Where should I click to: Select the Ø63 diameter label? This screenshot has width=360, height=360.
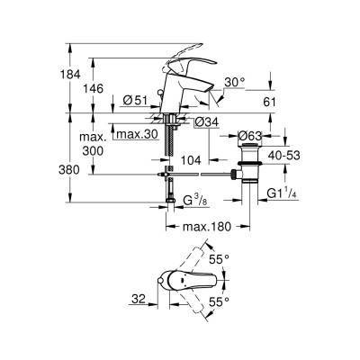coord(249,135)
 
